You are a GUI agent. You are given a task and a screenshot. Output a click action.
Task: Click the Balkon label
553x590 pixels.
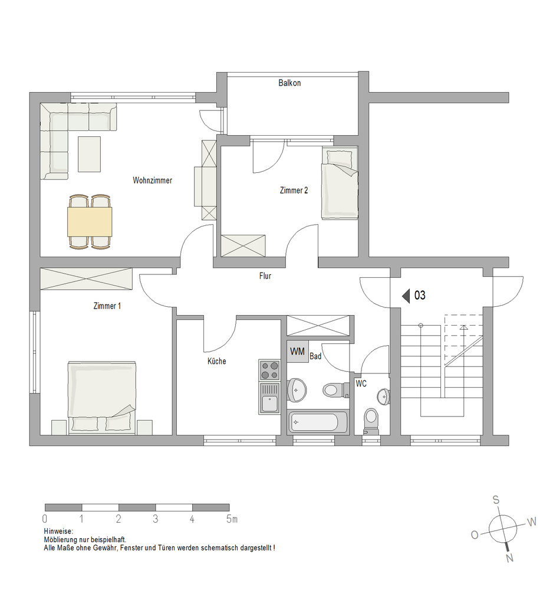[x=289, y=83]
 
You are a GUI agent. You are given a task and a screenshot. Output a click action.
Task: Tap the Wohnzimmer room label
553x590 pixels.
[x=152, y=180]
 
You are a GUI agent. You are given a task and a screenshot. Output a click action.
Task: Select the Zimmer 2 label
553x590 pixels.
[x=294, y=191]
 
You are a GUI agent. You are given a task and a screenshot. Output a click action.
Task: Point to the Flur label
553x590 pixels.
[x=265, y=276]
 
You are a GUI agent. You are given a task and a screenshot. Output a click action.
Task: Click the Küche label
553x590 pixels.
[x=217, y=361]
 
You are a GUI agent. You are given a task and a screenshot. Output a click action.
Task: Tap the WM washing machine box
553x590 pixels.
[x=297, y=352]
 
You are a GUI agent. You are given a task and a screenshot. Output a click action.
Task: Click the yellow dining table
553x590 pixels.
[x=90, y=222]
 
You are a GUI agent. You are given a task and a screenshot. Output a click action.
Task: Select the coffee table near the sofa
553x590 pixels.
[x=90, y=154]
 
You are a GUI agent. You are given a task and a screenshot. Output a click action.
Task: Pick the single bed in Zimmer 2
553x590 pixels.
[x=340, y=183]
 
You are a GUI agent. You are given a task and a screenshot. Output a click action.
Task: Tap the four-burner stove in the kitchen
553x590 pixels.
[x=269, y=370]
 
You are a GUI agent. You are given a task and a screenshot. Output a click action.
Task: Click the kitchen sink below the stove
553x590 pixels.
[x=269, y=398]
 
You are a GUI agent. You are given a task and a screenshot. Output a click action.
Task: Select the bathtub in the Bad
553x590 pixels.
[x=318, y=422]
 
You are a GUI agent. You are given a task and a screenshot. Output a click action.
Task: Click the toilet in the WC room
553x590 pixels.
[x=371, y=421]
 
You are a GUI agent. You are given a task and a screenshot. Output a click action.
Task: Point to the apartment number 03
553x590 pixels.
[x=420, y=296]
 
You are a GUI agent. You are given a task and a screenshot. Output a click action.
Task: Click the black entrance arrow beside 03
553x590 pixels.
[x=406, y=296]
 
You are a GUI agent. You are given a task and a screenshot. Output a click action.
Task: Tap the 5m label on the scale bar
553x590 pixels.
[x=232, y=519]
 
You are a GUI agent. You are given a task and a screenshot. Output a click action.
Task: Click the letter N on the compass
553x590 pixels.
[x=509, y=558]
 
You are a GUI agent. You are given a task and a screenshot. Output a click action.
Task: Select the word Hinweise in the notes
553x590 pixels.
[x=58, y=532]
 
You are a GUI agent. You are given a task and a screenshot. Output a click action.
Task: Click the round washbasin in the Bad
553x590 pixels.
[x=297, y=390]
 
